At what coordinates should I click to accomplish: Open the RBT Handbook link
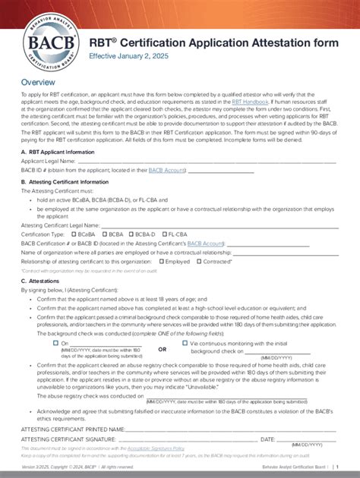point(248,101)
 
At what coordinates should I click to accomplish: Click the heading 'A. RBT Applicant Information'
point(58,151)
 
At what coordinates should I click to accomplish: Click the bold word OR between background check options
point(162,349)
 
